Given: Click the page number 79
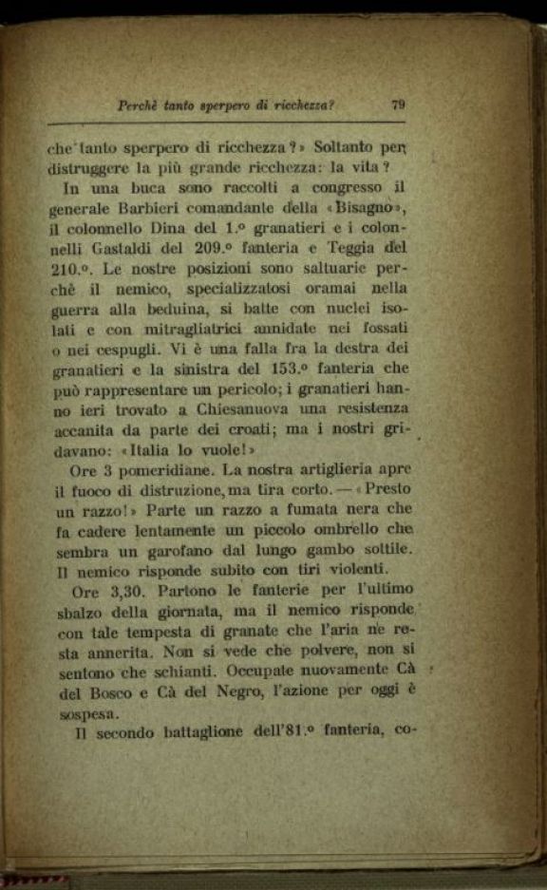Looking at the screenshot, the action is [x=398, y=105].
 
